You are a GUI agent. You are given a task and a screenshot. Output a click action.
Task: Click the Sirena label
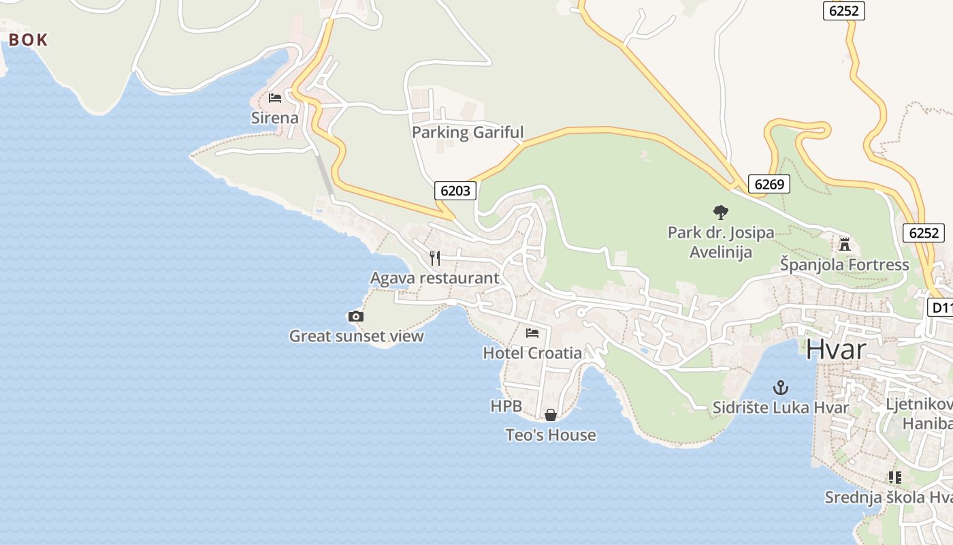point(275,118)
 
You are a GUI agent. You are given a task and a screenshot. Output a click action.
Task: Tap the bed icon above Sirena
point(275,98)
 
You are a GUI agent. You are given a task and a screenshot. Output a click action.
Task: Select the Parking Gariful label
point(468,132)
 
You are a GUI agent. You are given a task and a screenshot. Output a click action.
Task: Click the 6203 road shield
point(455,191)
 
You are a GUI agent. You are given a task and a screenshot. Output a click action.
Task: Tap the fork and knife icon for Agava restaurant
point(435,258)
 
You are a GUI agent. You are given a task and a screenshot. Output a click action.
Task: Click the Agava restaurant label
point(434,278)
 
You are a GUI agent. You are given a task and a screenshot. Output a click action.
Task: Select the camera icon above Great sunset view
point(355,316)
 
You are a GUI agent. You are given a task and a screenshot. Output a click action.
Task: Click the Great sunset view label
point(356,336)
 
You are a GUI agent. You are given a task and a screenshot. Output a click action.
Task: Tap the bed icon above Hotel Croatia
point(532,333)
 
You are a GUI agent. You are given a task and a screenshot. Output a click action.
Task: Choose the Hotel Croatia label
point(532,353)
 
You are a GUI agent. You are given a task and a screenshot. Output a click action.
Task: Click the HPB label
point(506,406)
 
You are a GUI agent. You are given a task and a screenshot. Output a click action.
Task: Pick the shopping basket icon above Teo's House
point(551,415)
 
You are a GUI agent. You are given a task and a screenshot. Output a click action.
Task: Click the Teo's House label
point(551,435)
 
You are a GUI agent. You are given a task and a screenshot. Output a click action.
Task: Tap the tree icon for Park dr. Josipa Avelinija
point(720,213)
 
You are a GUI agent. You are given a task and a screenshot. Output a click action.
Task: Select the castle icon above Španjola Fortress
point(845,244)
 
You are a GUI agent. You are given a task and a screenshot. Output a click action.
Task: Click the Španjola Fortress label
point(844,264)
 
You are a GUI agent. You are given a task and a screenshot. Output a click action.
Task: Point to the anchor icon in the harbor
point(781,388)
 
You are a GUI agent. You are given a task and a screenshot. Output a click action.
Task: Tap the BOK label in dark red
point(29,40)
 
